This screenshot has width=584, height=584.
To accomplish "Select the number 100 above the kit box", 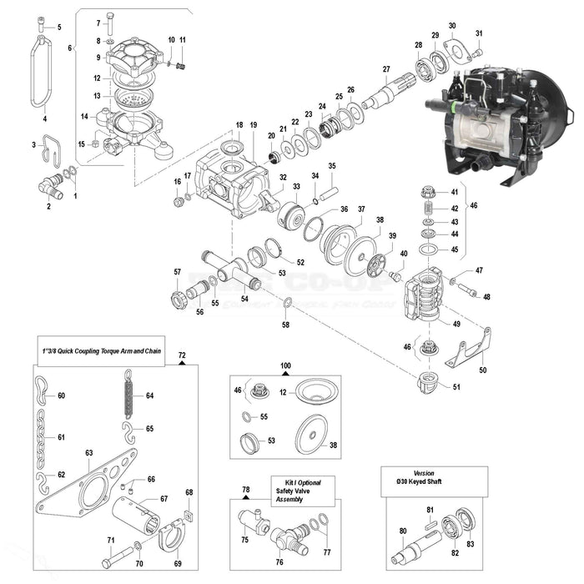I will point(285,366).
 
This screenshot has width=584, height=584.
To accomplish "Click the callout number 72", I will point(182,355).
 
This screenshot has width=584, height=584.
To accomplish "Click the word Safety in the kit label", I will point(285,491).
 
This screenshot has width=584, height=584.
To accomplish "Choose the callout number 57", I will point(177,272).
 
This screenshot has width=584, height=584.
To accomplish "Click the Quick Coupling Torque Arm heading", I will point(99,351).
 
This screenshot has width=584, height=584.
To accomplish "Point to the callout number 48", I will point(486,297).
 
